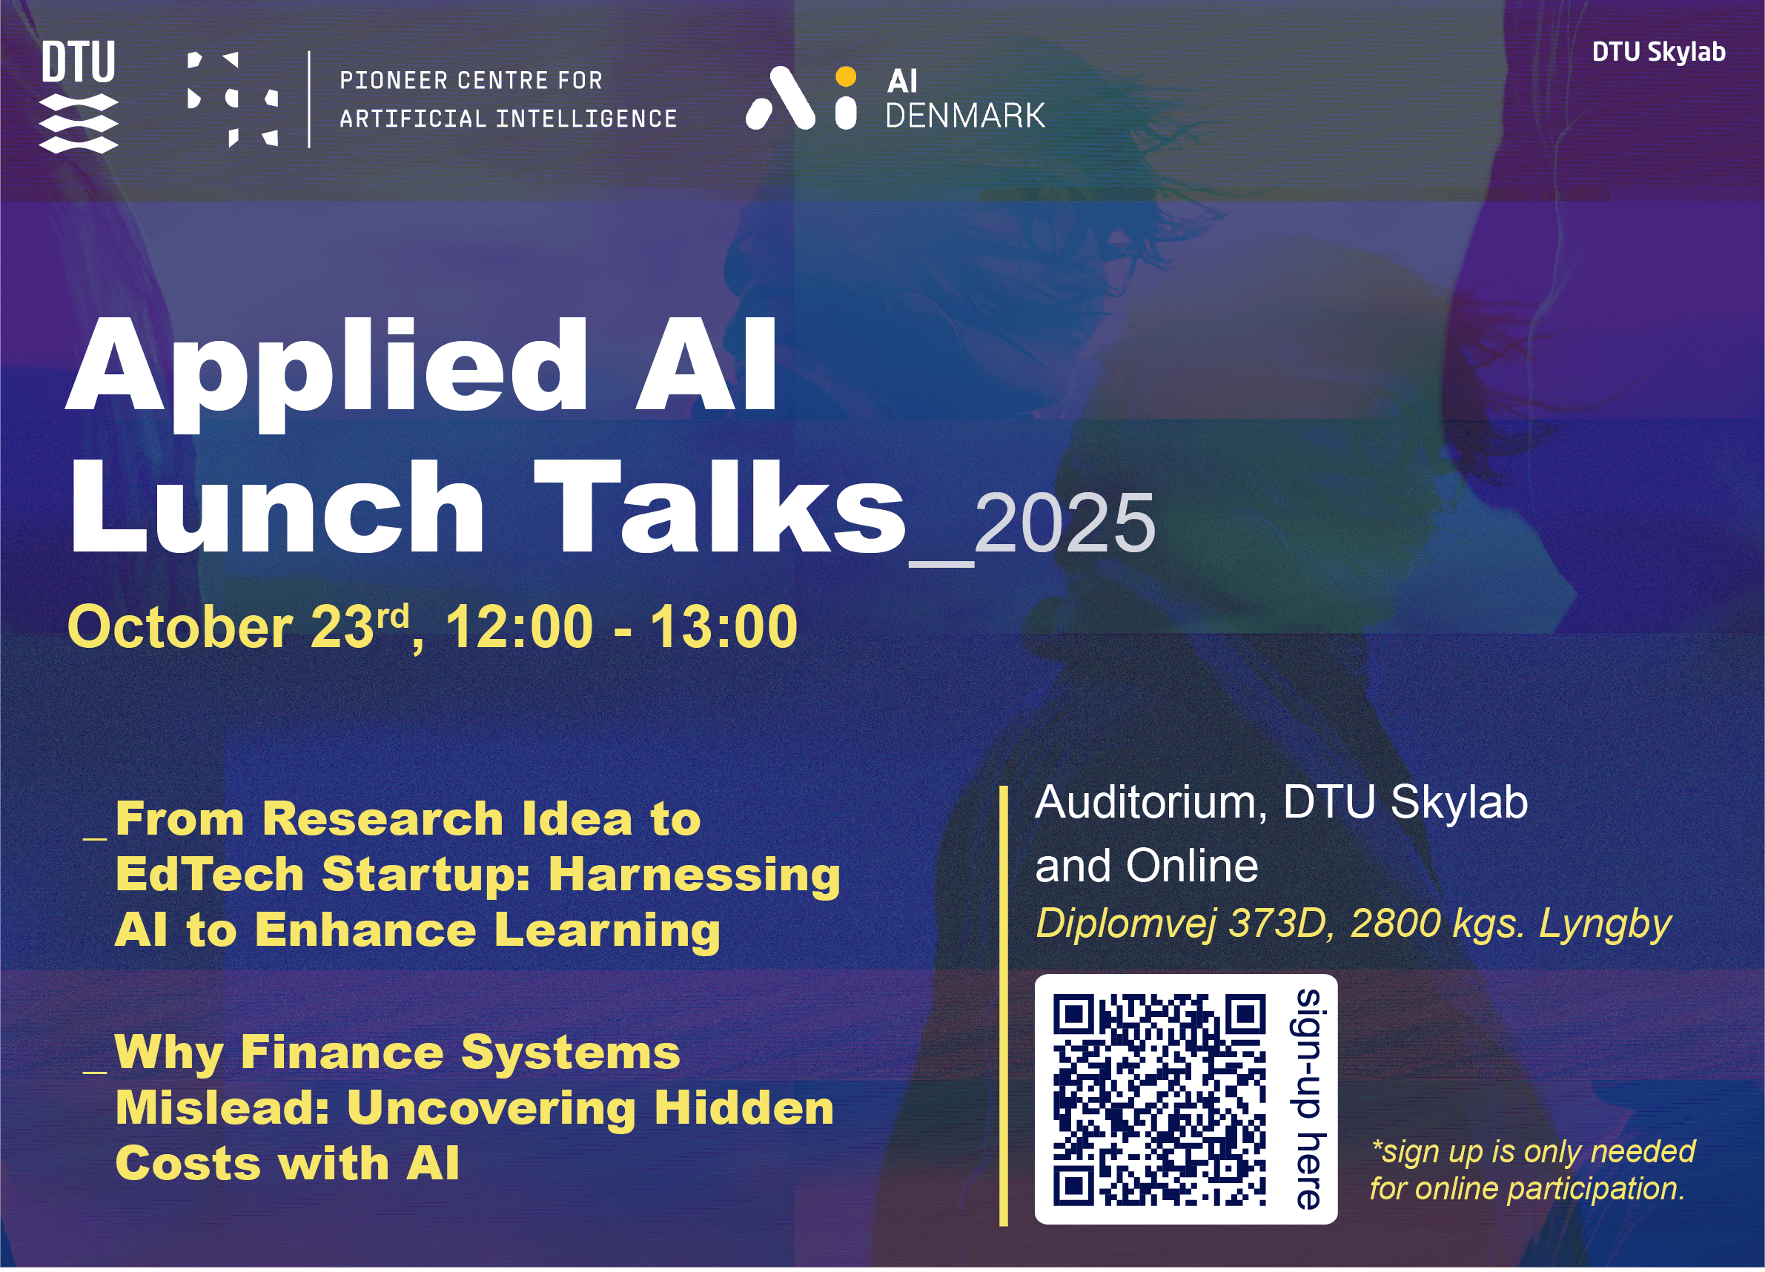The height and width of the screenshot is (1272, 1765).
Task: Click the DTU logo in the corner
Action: pyautogui.click(x=79, y=97)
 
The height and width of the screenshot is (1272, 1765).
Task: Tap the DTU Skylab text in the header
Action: pyautogui.click(x=1658, y=52)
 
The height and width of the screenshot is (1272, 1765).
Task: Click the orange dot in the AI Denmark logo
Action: pyautogui.click(x=845, y=76)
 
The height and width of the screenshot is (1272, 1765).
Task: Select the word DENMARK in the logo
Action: pyautogui.click(x=965, y=115)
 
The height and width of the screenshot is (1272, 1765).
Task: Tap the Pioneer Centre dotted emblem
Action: pyautogui.click(x=233, y=99)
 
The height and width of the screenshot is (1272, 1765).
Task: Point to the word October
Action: pyautogui.click(x=180, y=627)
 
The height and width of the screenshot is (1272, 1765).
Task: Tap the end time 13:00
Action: pyautogui.click(x=724, y=627)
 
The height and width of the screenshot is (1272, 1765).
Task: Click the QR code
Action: pyautogui.click(x=1159, y=1100)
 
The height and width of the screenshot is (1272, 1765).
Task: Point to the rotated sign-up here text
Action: pyautogui.click(x=1308, y=1099)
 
